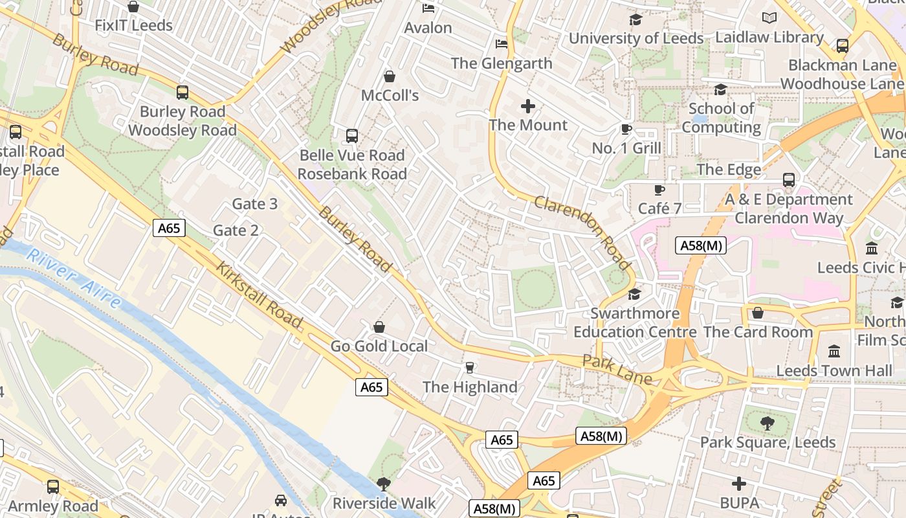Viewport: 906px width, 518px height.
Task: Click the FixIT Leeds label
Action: [x=133, y=26]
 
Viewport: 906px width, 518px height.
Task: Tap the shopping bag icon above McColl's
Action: [x=390, y=76]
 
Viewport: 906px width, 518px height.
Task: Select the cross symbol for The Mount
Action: [x=528, y=106]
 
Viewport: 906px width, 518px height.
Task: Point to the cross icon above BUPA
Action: [x=739, y=484]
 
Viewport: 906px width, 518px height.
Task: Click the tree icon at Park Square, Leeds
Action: [x=768, y=424]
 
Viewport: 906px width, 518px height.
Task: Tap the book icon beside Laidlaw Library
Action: [x=769, y=18]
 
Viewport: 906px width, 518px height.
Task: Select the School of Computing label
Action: [x=721, y=118]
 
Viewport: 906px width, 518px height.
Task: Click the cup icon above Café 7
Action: [x=659, y=190]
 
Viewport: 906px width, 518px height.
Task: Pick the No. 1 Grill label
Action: [x=626, y=148]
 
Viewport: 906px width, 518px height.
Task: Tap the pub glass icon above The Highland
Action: [x=470, y=368]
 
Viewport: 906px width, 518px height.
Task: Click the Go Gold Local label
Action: [x=379, y=346]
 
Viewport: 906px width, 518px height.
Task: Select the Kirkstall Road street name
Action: [x=259, y=295]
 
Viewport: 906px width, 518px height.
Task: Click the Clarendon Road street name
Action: [x=582, y=232]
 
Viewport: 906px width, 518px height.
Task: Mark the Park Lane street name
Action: [x=617, y=370]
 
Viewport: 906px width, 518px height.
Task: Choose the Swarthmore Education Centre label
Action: [x=635, y=322]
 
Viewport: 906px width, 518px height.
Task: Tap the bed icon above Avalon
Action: [x=428, y=8]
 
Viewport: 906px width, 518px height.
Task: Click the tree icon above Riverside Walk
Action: [x=384, y=484]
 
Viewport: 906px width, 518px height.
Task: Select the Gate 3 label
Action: [x=254, y=204]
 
